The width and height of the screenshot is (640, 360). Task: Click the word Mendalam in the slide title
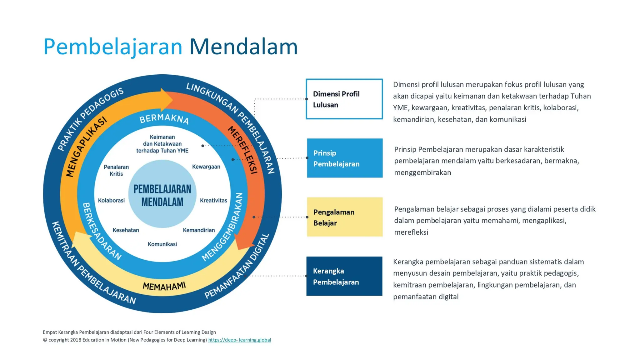(243, 47)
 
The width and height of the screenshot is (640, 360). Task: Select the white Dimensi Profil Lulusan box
(344, 99)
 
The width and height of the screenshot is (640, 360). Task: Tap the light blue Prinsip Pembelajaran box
(344, 158)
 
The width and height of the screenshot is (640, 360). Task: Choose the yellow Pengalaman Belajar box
(344, 217)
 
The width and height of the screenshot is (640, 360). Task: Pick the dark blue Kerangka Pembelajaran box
(344, 276)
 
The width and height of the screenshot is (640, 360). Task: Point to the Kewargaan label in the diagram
(206, 167)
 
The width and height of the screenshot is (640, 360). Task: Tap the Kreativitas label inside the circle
(213, 200)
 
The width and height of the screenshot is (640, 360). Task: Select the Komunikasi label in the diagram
(162, 244)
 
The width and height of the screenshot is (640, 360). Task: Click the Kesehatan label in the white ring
(126, 230)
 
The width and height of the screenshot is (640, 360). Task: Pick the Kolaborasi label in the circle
(111, 200)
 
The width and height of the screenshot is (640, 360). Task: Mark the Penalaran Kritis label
(116, 170)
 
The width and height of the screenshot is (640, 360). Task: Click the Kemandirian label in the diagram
(199, 230)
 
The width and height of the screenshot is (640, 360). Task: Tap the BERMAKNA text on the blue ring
(164, 119)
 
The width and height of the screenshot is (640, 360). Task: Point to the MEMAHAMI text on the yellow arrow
(164, 286)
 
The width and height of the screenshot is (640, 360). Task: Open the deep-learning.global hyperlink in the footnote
(239, 340)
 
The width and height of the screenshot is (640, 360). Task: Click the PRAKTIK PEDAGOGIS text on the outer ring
(91, 119)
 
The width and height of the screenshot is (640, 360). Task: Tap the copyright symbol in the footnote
(45, 340)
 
